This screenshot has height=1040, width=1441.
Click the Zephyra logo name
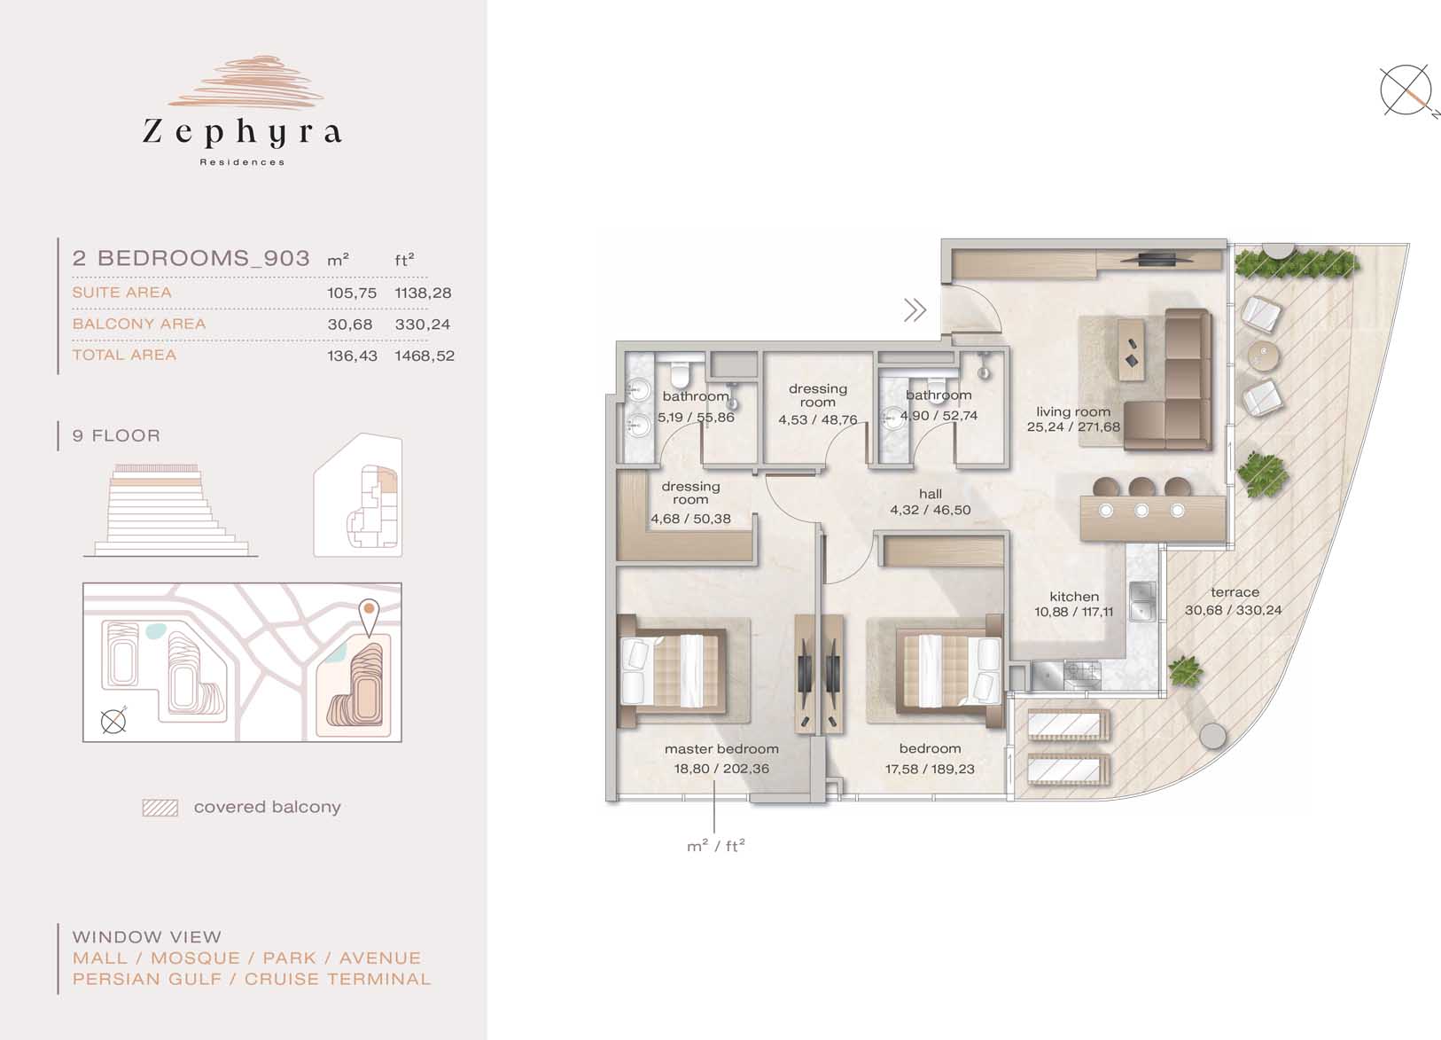(x=242, y=133)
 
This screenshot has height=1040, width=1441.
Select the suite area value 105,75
(x=352, y=293)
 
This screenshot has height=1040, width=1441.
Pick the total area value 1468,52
(x=425, y=356)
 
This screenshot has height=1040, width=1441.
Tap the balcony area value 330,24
(x=423, y=325)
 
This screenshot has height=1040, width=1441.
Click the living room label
(x=1073, y=412)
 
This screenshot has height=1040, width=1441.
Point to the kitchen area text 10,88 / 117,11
(x=1074, y=612)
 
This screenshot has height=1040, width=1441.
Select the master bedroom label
(x=721, y=749)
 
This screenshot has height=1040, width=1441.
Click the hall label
(x=931, y=494)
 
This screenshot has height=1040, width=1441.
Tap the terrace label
(x=1235, y=593)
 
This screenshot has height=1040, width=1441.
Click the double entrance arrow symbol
(x=915, y=310)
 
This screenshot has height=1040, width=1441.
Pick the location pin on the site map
(x=369, y=617)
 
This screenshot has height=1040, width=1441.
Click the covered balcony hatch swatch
(x=160, y=808)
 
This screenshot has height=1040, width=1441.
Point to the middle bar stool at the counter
(x=1141, y=487)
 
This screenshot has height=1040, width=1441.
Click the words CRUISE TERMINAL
(x=337, y=980)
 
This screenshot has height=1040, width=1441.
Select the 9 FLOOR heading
(x=116, y=435)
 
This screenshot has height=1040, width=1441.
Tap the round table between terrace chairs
(x=1263, y=355)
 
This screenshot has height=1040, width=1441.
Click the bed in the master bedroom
(x=672, y=671)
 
